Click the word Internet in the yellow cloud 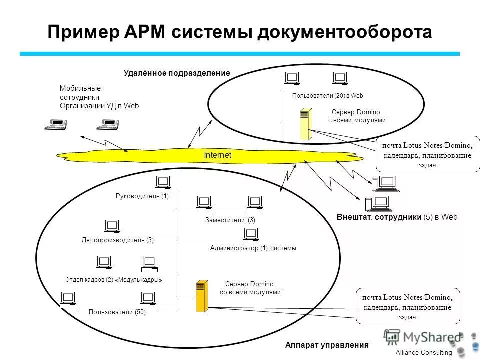pyautogui.click(x=217, y=155)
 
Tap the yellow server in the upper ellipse pyautogui.click(x=305, y=124)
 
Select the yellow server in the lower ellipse pyautogui.click(x=201, y=296)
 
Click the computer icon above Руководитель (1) pyautogui.click(x=163, y=183)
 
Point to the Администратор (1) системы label pyautogui.click(x=253, y=248)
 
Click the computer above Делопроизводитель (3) pyautogui.click(x=112, y=228)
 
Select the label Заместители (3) pyautogui.click(x=230, y=220)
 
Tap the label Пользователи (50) pyautogui.click(x=117, y=312)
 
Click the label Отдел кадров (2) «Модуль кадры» pyautogui.click(x=113, y=280)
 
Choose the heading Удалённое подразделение pyautogui.click(x=177, y=73)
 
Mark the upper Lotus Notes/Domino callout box pyautogui.click(x=427, y=155)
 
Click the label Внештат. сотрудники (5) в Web pyautogui.click(x=397, y=217)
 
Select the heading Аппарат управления pyautogui.click(x=326, y=345)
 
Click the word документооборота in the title pyautogui.click(x=345, y=33)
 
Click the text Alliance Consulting pyautogui.click(x=423, y=353)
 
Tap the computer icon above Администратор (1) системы pyautogui.click(x=250, y=234)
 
